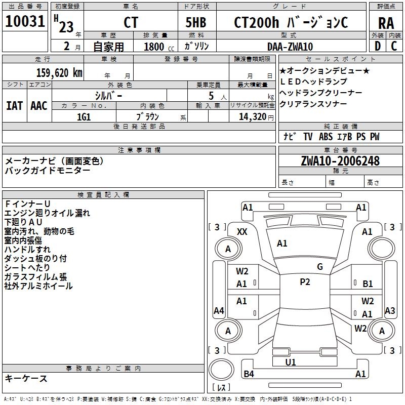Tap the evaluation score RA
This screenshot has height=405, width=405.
pyautogui.click(x=386, y=23)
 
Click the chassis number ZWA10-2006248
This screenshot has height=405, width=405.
pyautogui.click(x=340, y=161)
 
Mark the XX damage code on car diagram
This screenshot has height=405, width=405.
pyautogui.click(x=242, y=231)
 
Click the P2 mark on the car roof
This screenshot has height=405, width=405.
pyautogui.click(x=305, y=282)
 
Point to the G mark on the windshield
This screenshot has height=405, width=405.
pyautogui.click(x=320, y=267)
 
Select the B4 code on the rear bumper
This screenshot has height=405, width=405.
pyautogui.click(x=249, y=374)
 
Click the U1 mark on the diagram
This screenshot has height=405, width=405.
pyautogui.click(x=291, y=362)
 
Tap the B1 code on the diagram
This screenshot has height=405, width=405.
pyautogui.click(x=368, y=284)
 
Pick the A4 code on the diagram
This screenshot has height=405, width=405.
pyautogui.click(x=219, y=310)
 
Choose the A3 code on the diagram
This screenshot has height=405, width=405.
pyautogui.click(x=390, y=310)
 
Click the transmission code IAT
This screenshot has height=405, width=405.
pyautogui.click(x=14, y=106)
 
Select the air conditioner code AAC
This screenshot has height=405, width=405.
pyautogui.click(x=39, y=106)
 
